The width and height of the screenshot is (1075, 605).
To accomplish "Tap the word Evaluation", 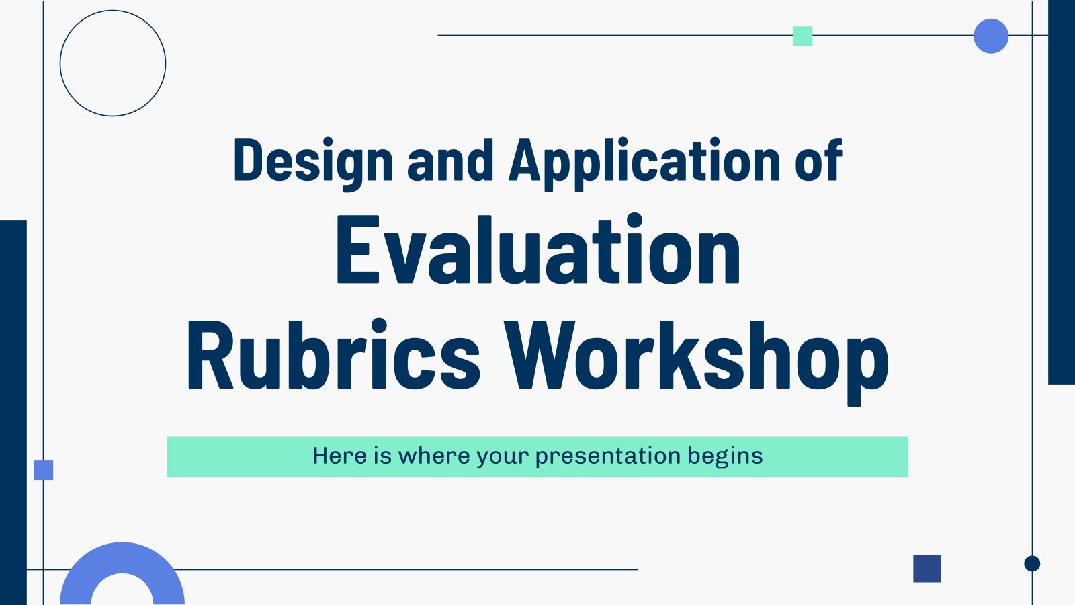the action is click(x=538, y=249).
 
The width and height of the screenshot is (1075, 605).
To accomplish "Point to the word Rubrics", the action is click(x=333, y=354).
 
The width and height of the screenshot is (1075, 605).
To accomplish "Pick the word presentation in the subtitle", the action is click(x=608, y=456).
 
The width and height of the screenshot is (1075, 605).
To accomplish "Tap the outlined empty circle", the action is click(x=113, y=11).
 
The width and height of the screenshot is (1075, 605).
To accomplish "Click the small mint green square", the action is click(x=802, y=36).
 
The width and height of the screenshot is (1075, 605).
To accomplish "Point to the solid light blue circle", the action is click(x=991, y=36).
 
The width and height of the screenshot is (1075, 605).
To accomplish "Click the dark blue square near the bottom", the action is click(x=927, y=569).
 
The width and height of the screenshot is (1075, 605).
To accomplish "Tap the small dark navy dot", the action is click(x=1032, y=563).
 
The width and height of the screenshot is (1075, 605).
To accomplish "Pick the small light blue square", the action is click(x=43, y=470).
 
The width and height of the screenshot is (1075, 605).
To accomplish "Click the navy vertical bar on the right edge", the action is click(x=1062, y=192).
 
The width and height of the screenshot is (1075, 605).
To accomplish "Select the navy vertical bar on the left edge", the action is click(x=13, y=413).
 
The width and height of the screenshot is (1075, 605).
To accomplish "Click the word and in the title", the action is click(x=450, y=160).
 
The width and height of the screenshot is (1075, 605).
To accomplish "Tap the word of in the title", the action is click(x=818, y=160).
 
